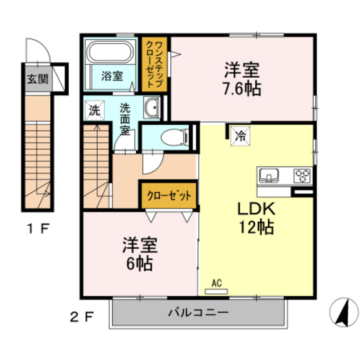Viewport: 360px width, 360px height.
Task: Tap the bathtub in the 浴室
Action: [x=111, y=52]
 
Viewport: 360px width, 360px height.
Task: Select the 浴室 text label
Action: [x=112, y=76]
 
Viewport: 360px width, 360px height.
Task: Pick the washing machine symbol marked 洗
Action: [x=94, y=110]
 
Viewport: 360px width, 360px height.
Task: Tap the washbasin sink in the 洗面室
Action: [x=152, y=109]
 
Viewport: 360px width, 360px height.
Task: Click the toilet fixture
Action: [x=173, y=136]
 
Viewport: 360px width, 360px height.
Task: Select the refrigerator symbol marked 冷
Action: [x=239, y=136]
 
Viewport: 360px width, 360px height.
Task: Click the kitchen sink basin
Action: [x=269, y=175]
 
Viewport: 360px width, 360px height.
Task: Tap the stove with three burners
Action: [x=301, y=174]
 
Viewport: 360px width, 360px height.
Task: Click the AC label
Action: [x=217, y=282]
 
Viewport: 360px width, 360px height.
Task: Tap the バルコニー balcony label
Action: [x=199, y=314]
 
